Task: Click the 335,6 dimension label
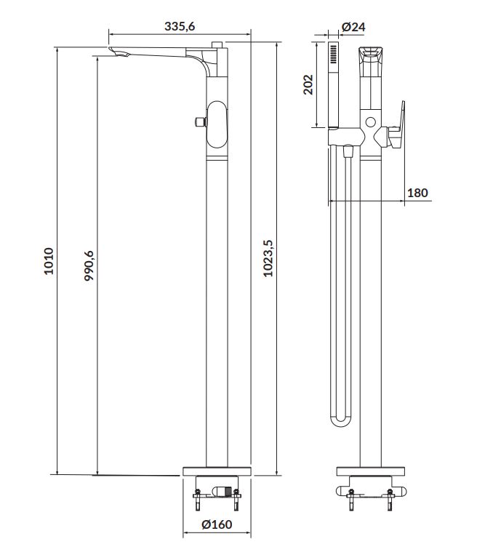[180, 26]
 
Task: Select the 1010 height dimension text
[49, 261]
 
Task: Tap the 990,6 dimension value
[89, 265]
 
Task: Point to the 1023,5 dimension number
[268, 258]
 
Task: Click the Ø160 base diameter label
[217, 524]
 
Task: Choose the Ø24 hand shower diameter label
[353, 26]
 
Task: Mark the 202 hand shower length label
[308, 84]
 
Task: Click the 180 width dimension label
[417, 193]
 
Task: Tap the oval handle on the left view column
[217, 124]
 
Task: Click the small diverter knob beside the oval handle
[201, 121]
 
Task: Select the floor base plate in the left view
[217, 471]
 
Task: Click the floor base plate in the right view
[371, 471]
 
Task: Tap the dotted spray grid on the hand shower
[333, 54]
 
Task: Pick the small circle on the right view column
[371, 122]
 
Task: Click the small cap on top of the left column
[217, 44]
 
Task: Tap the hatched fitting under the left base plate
[222, 492]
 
